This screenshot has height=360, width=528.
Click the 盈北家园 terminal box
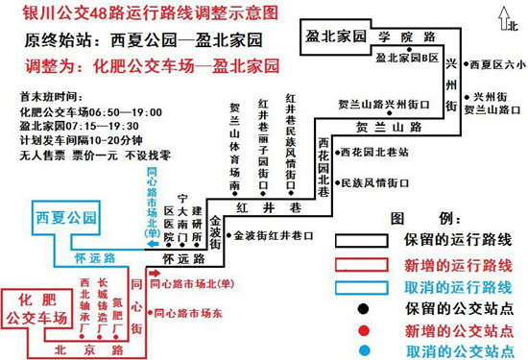334,36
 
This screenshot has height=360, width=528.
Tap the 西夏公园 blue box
64,218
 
